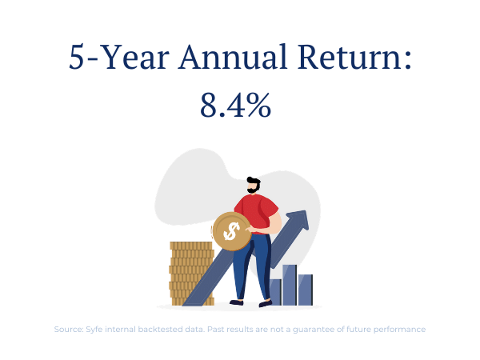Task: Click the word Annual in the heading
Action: point(233,57)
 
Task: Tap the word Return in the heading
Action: point(349,57)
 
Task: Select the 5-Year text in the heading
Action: point(118,57)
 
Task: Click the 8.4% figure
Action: point(235,106)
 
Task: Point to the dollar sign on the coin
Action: point(231,231)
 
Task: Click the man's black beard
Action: point(254,190)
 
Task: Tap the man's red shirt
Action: point(257,214)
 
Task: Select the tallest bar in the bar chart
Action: point(290,286)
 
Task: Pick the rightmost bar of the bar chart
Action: point(306,290)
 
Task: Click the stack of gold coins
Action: point(191,274)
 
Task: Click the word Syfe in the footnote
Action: point(94,330)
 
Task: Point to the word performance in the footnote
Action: point(399,330)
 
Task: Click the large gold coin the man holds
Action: point(232,231)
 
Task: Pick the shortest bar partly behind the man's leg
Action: point(275,292)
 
